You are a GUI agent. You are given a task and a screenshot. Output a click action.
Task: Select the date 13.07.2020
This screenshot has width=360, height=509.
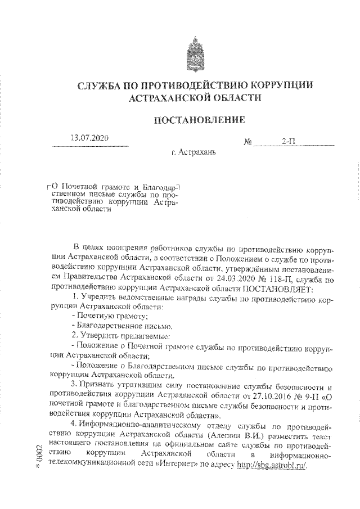click(89, 139)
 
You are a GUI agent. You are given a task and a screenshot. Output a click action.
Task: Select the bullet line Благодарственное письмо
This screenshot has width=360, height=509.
click(118, 326)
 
